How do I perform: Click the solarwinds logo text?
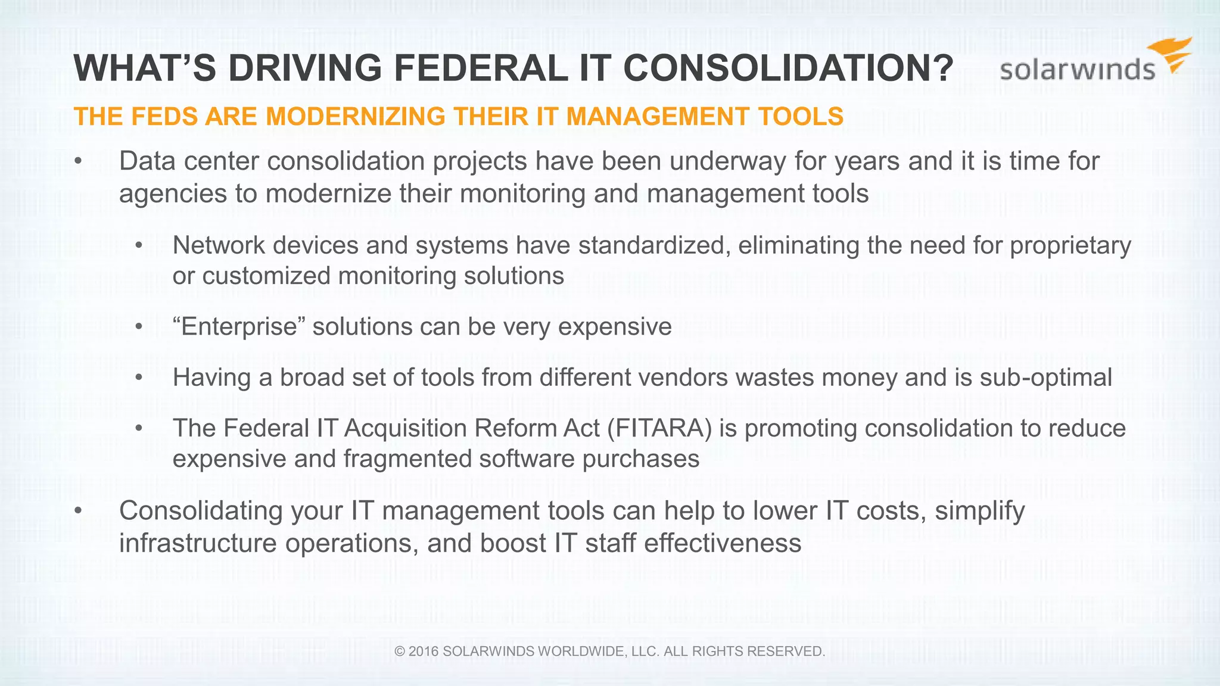point(1077,70)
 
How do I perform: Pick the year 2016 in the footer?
point(424,651)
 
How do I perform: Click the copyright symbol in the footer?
point(400,651)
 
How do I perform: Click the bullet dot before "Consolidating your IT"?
point(77,511)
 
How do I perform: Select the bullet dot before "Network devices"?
point(139,246)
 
